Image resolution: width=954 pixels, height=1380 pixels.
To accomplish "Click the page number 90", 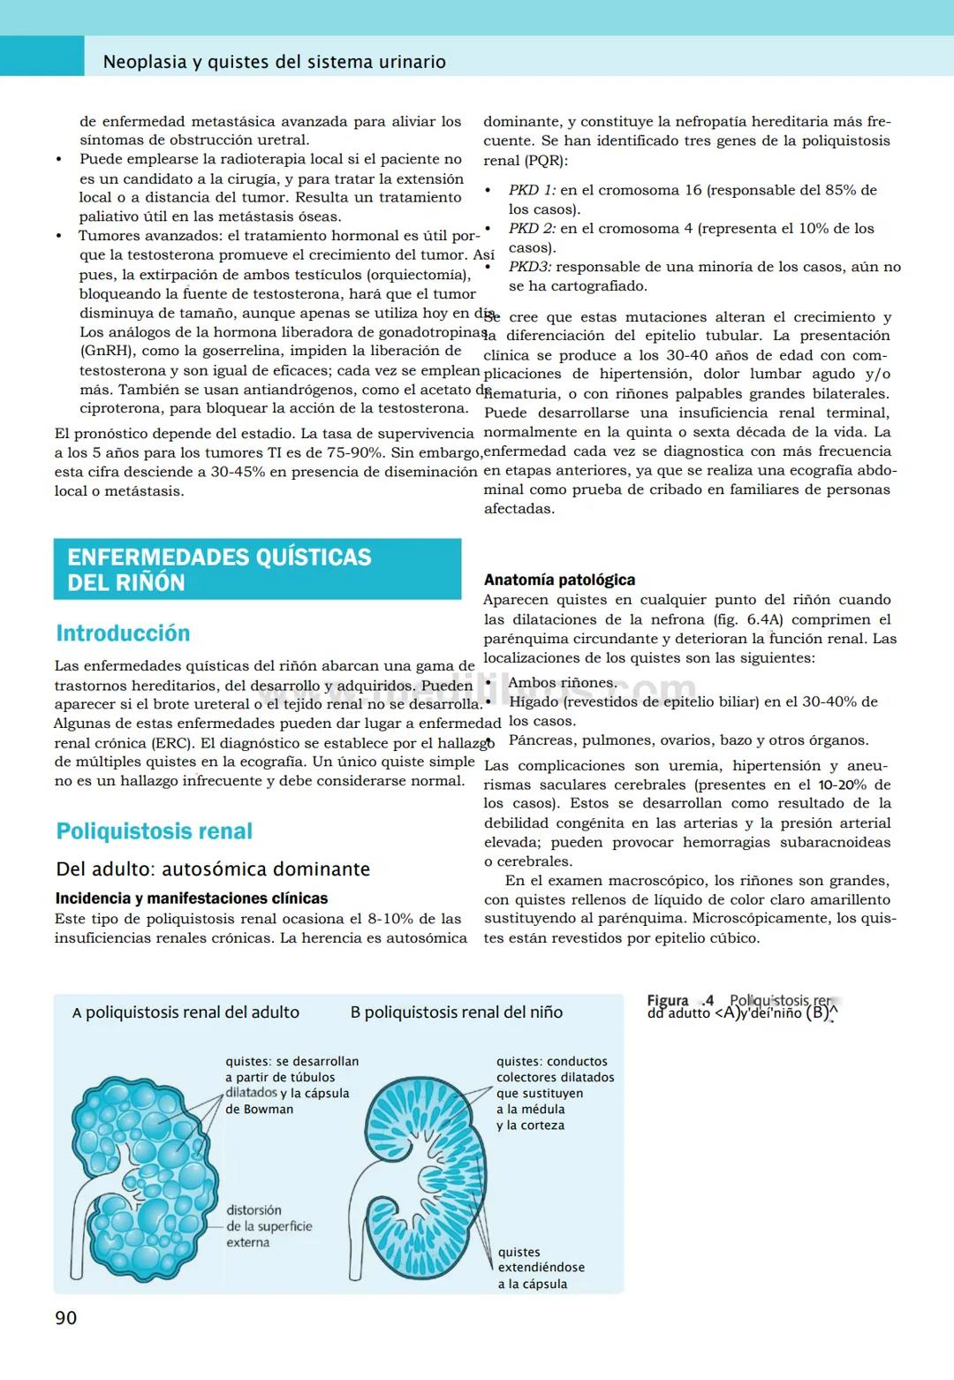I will point(66,1317).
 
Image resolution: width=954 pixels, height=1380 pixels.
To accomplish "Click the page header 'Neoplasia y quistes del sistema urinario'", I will point(274,62).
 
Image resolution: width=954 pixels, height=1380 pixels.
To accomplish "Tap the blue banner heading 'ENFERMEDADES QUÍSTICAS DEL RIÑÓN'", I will point(220,570).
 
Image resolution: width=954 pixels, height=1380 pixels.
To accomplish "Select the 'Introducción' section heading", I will point(123,633).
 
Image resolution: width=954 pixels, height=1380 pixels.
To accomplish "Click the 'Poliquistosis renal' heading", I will point(155,831).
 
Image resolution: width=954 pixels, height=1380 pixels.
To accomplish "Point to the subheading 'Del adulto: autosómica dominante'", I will point(213,869).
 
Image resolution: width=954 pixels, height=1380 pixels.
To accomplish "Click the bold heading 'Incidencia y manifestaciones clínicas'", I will point(192,899).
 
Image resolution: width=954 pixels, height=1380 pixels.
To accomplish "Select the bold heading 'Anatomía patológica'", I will point(559,580).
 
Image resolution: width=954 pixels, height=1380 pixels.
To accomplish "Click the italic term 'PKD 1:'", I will point(532,190).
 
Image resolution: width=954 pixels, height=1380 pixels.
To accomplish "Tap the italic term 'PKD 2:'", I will point(532,229).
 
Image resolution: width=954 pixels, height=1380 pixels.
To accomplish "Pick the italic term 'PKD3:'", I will point(530,267).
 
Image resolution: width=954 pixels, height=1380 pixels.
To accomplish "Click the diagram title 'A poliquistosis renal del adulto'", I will point(185,1012).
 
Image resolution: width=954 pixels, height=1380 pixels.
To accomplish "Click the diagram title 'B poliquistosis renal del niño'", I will point(456,1012).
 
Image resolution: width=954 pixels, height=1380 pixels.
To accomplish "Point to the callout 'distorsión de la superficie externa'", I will point(269,1226).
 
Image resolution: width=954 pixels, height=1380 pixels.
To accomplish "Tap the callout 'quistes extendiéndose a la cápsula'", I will point(541,1268).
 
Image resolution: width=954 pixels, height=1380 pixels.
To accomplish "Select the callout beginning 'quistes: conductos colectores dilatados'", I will point(555,1093).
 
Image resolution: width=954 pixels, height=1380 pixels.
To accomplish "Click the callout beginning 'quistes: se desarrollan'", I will point(291,1085).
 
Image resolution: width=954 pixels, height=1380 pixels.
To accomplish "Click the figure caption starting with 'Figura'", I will point(742,1006).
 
